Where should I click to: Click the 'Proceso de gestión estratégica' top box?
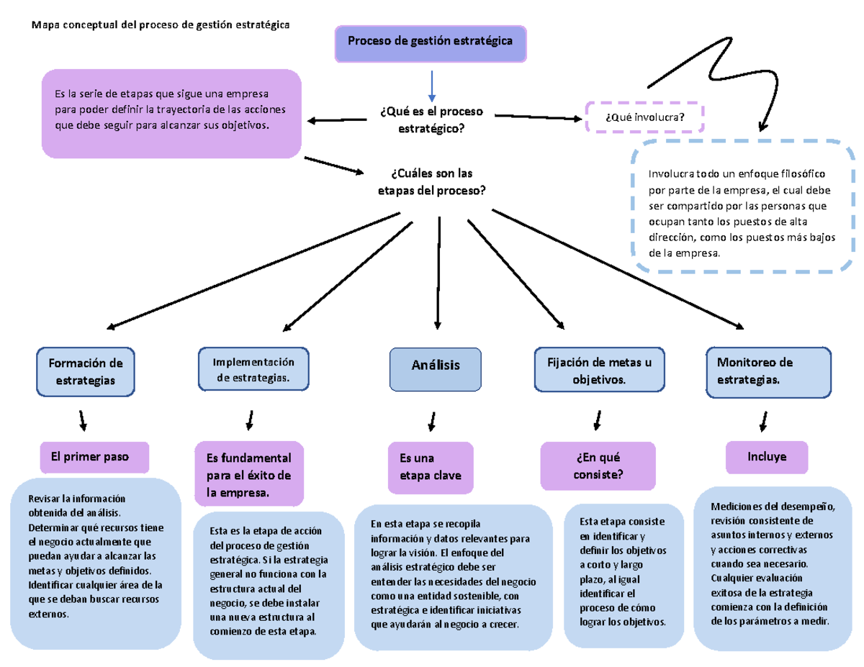click(431, 42)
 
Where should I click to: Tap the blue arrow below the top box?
click(431, 86)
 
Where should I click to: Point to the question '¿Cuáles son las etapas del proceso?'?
click(431, 183)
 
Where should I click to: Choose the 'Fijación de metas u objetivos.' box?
click(599, 371)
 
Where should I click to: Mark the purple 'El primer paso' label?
click(94, 456)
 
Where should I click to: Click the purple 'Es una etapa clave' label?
click(431, 466)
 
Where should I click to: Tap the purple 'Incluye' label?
click(767, 457)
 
